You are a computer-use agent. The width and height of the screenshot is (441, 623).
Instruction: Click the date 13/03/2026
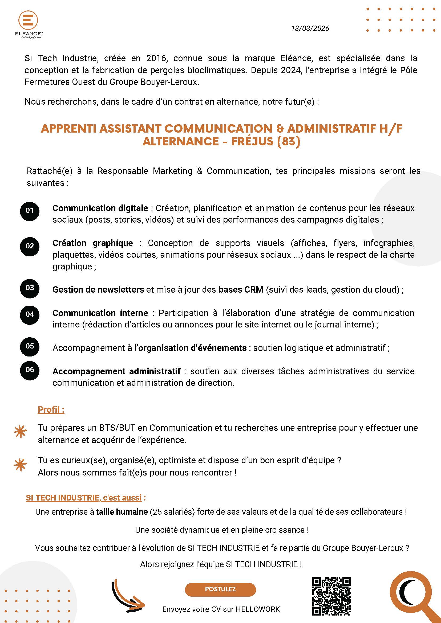point(310,28)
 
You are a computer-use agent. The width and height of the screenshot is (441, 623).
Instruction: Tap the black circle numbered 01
point(30,211)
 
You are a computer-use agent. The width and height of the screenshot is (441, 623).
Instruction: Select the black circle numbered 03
point(30,288)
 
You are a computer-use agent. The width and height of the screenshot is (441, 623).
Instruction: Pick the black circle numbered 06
point(30,370)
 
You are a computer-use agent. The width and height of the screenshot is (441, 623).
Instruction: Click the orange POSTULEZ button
point(220,589)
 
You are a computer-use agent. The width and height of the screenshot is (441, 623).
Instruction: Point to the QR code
point(331,596)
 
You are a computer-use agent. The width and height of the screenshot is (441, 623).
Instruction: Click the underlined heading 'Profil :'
point(51,409)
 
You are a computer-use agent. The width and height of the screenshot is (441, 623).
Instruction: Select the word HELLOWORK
point(257,609)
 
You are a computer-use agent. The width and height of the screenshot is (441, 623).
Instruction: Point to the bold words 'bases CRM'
point(241,289)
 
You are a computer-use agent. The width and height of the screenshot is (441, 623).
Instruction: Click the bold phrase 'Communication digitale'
point(100,208)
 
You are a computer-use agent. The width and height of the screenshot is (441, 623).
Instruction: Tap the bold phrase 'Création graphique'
point(93,243)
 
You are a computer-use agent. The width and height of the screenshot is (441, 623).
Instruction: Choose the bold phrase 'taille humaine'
point(122,512)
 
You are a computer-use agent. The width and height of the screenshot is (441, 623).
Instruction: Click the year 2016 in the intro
point(156,58)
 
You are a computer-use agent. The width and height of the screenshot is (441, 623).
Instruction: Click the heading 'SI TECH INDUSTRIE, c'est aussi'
point(84,498)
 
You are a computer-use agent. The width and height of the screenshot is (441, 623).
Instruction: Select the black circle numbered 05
point(30,346)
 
